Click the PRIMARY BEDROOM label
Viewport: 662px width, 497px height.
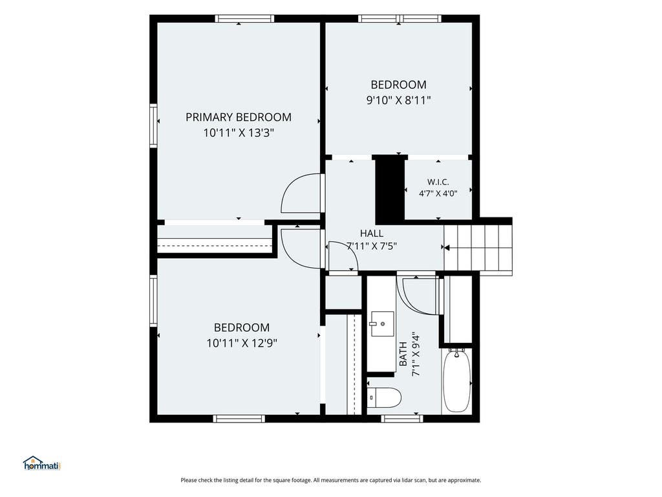pos(239,117)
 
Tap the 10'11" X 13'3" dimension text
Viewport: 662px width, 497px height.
pos(239,133)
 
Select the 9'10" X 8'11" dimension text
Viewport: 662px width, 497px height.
pos(398,100)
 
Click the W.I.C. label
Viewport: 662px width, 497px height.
pos(438,182)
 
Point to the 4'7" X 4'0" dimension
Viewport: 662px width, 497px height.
pos(438,193)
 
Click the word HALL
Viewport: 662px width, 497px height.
pos(372,233)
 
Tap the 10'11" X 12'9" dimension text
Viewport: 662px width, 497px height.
pos(242,343)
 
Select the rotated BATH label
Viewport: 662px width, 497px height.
pos(403,354)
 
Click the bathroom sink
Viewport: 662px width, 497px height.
pos(383,324)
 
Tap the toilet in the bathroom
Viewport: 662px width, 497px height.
pos(383,397)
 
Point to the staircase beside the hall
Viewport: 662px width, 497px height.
pos(478,248)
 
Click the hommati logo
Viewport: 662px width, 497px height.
pos(42,463)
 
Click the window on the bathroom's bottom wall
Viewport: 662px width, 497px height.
pos(402,419)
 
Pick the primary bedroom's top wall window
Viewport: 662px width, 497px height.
pos(244,19)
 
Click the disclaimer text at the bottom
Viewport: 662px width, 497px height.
pos(331,480)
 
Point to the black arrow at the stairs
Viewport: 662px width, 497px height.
pos(447,248)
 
